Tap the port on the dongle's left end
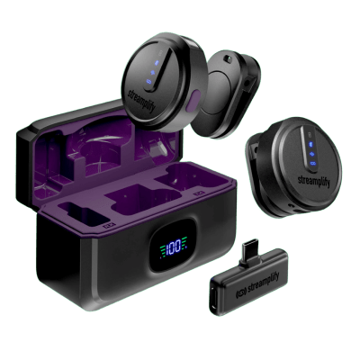point(215,297)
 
